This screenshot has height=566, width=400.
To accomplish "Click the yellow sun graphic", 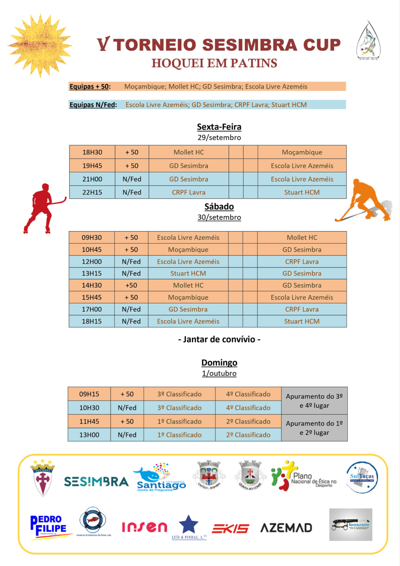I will [40, 45].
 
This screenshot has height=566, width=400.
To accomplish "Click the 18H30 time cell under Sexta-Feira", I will [92, 152].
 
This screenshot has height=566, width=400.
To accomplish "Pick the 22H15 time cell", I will [92, 192].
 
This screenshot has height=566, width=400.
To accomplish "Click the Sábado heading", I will [219, 207].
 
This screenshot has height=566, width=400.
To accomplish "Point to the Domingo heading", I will [219, 363].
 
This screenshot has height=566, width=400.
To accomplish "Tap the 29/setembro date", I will [219, 138].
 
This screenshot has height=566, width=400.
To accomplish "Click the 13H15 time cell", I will [92, 273].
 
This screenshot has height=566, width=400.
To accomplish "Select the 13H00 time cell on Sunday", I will [89, 435].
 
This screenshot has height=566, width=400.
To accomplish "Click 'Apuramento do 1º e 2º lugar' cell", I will [314, 428].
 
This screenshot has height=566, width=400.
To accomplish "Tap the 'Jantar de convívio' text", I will [219, 340].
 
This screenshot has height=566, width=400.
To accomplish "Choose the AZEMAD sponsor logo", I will [286, 528].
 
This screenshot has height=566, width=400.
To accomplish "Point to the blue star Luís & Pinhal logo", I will [189, 526].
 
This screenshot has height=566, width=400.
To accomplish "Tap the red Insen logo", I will [144, 527].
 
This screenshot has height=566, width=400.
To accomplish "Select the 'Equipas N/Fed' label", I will [93, 105].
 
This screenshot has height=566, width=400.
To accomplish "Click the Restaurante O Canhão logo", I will [350, 525].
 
